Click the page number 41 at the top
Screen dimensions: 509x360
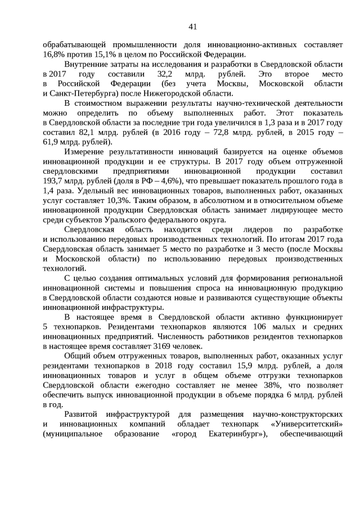192,26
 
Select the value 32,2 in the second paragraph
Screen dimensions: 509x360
168,74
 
